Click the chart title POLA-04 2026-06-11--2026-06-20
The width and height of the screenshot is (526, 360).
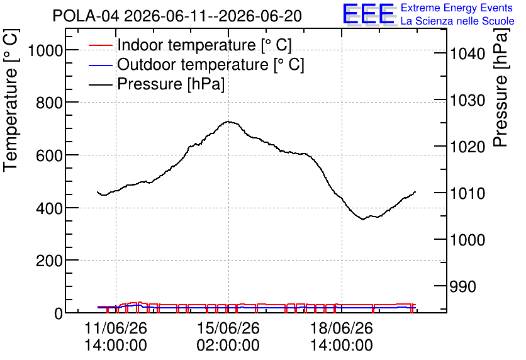pyautogui.click(x=177, y=16)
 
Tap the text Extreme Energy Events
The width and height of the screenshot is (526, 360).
pyautogui.click(x=456, y=8)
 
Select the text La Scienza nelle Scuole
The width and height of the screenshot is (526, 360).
pyautogui.click(x=457, y=21)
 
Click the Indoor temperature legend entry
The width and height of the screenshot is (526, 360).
pyautogui.click(x=190, y=45)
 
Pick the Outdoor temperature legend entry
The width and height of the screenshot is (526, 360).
pyautogui.click(x=196, y=64)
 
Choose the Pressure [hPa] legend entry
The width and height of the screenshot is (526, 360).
pyautogui.click(x=156, y=84)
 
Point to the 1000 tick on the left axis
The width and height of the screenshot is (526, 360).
pyautogui.click(x=46, y=51)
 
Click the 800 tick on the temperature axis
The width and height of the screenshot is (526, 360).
pyautogui.click(x=49, y=103)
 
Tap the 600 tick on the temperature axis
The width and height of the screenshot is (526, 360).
pyautogui.click(x=49, y=155)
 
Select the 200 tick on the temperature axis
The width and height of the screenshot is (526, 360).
pyautogui.click(x=49, y=261)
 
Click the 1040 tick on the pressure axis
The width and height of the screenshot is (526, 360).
pyautogui.click(x=467, y=53)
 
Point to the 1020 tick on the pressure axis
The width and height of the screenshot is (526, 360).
pyautogui.click(x=467, y=147)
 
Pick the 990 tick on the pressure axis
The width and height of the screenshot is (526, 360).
pyautogui.click(x=463, y=287)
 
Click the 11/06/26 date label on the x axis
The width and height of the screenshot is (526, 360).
pyautogui.click(x=116, y=328)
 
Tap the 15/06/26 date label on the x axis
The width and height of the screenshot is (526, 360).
pyautogui.click(x=228, y=328)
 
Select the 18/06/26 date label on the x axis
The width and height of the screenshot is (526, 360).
pyautogui.click(x=342, y=328)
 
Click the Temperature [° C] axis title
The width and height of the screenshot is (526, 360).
pyautogui.click(x=11, y=101)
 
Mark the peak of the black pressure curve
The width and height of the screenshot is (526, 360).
pyautogui.click(x=228, y=121)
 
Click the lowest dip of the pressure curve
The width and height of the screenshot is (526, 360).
pyautogui.click(x=363, y=220)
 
